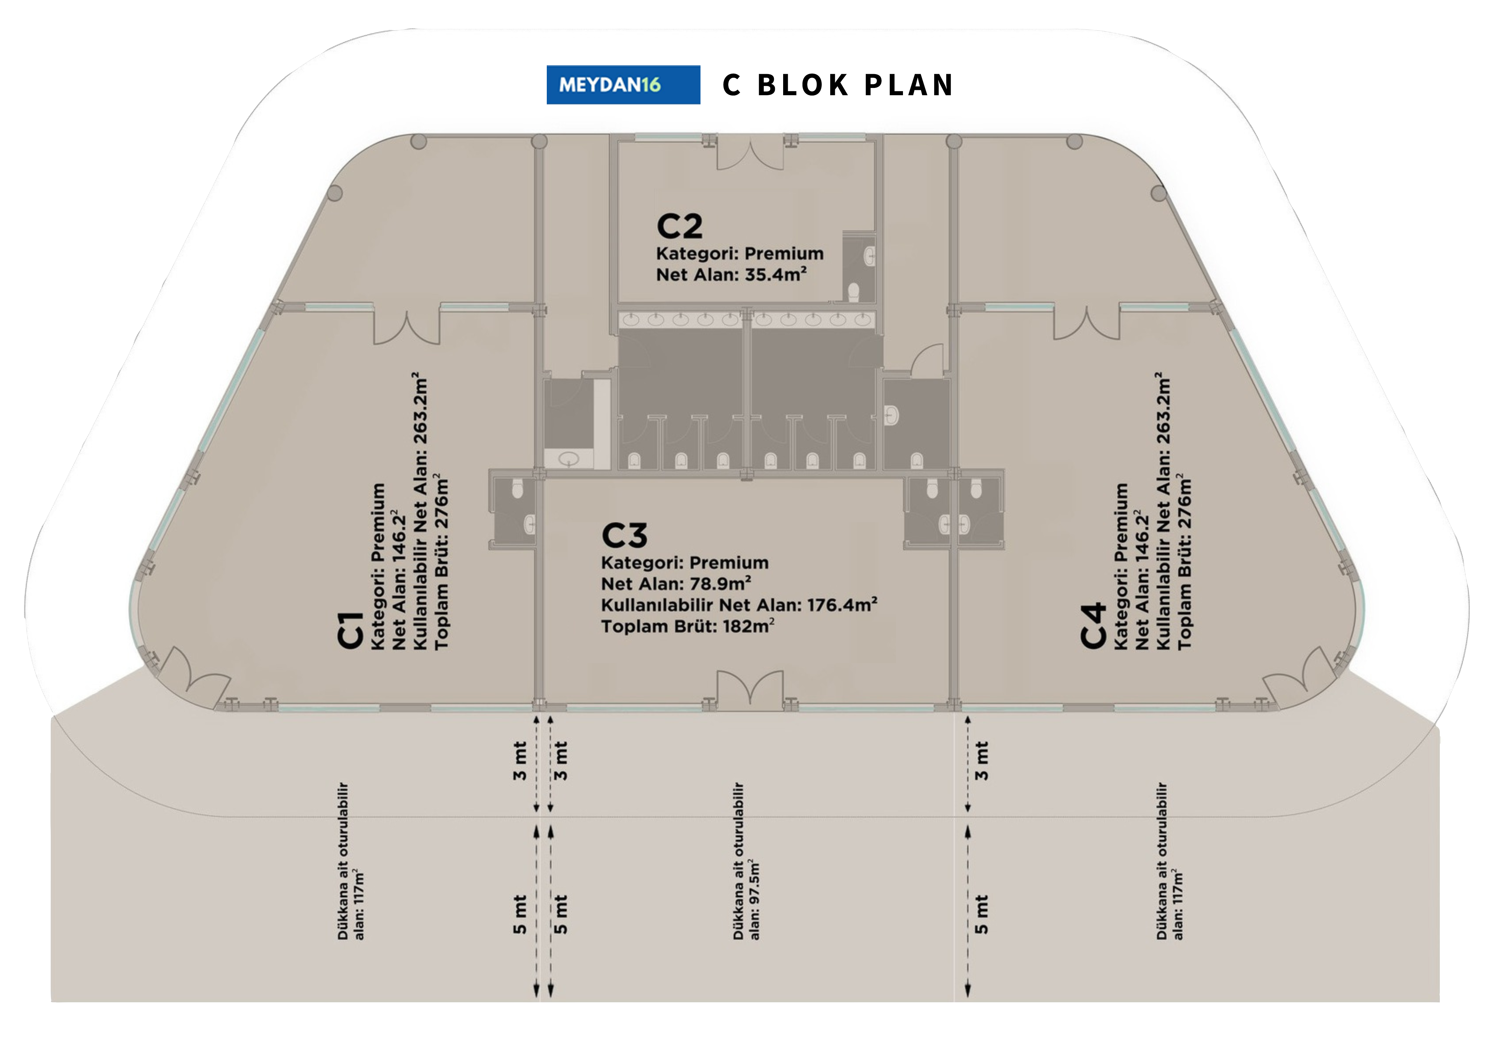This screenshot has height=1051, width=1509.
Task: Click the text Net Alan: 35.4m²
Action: coord(731,275)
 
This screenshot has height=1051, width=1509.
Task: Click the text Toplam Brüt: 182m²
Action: coord(687,626)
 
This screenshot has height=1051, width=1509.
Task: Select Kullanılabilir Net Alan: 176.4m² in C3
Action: coord(739,605)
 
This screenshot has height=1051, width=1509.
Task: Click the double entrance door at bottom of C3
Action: coord(749,690)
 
